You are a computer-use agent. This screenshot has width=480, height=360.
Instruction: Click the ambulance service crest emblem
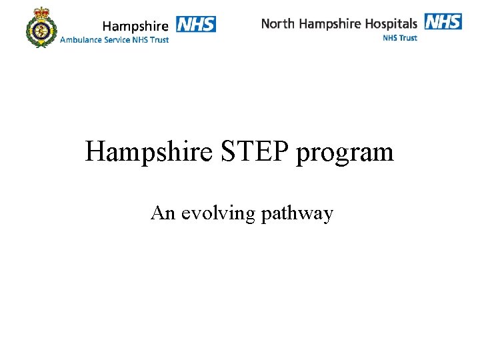(x=42, y=28)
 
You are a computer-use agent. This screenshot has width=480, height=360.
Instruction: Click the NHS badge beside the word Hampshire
(x=196, y=24)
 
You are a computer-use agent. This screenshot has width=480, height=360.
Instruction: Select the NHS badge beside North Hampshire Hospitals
(x=443, y=21)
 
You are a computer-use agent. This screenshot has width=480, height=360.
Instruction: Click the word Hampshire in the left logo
(x=135, y=26)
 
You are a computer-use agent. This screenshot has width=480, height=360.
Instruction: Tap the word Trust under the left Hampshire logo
(x=159, y=39)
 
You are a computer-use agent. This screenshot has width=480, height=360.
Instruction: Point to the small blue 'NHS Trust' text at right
(x=400, y=38)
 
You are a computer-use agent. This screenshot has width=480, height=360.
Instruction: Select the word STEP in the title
(x=251, y=152)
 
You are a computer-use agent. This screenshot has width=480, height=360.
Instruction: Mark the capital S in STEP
(x=224, y=152)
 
